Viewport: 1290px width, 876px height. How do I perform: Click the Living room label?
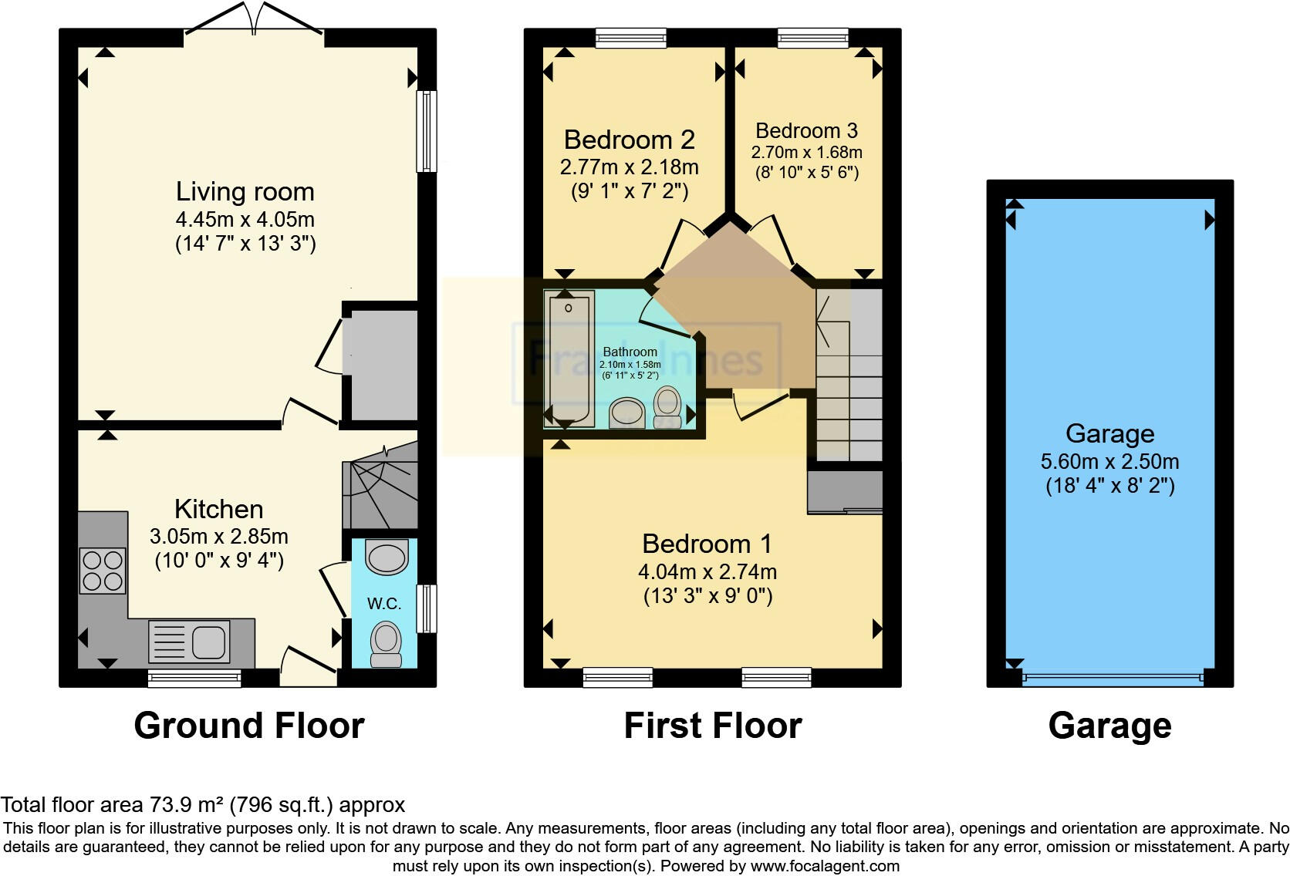(x=245, y=191)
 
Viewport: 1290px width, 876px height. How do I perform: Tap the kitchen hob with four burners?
(x=103, y=570)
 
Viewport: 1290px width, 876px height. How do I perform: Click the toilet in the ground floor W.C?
(x=386, y=644)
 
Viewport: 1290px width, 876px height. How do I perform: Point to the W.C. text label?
(x=383, y=604)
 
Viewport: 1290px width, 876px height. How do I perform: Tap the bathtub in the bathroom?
(x=569, y=359)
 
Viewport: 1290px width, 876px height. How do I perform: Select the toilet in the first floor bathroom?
(x=667, y=406)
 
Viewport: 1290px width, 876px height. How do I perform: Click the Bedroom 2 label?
(x=629, y=140)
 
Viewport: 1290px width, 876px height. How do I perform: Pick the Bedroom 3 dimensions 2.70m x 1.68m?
(x=806, y=153)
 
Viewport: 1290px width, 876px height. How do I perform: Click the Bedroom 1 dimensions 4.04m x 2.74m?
(x=707, y=572)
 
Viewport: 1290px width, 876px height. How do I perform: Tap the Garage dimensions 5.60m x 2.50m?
(x=1109, y=462)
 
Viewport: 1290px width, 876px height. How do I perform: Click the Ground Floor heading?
(x=248, y=726)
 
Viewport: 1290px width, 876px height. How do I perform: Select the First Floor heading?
(x=712, y=726)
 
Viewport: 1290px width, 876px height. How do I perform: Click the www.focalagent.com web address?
(x=825, y=866)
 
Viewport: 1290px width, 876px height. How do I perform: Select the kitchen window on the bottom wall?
(x=194, y=679)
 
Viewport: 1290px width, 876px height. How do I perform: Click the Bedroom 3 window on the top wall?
(x=812, y=37)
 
